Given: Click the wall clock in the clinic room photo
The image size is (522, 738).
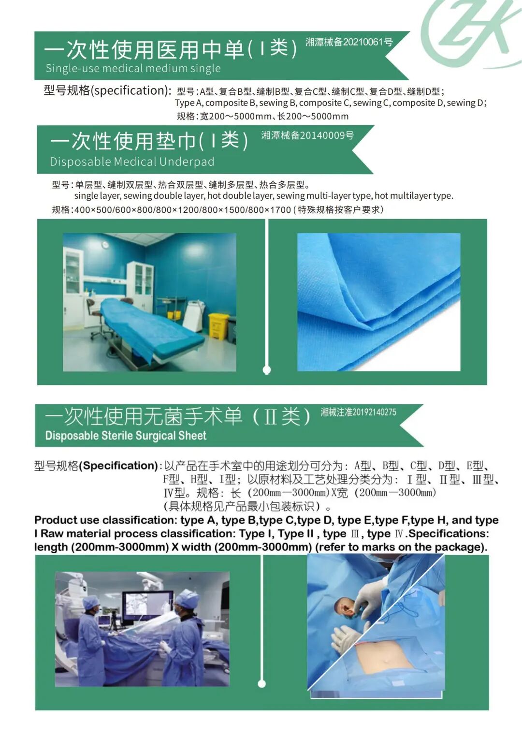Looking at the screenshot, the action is tap(105, 245).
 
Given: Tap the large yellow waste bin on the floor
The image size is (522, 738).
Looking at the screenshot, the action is tap(218, 326).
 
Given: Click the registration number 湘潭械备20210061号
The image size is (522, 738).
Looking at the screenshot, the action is tap(349, 42).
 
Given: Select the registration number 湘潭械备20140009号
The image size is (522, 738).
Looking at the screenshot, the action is tap(307, 135).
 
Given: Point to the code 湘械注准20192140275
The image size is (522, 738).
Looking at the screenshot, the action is tap(359, 412).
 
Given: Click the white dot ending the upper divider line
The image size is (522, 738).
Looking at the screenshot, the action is tap(267, 370).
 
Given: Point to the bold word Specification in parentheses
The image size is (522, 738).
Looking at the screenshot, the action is tap(118, 466).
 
